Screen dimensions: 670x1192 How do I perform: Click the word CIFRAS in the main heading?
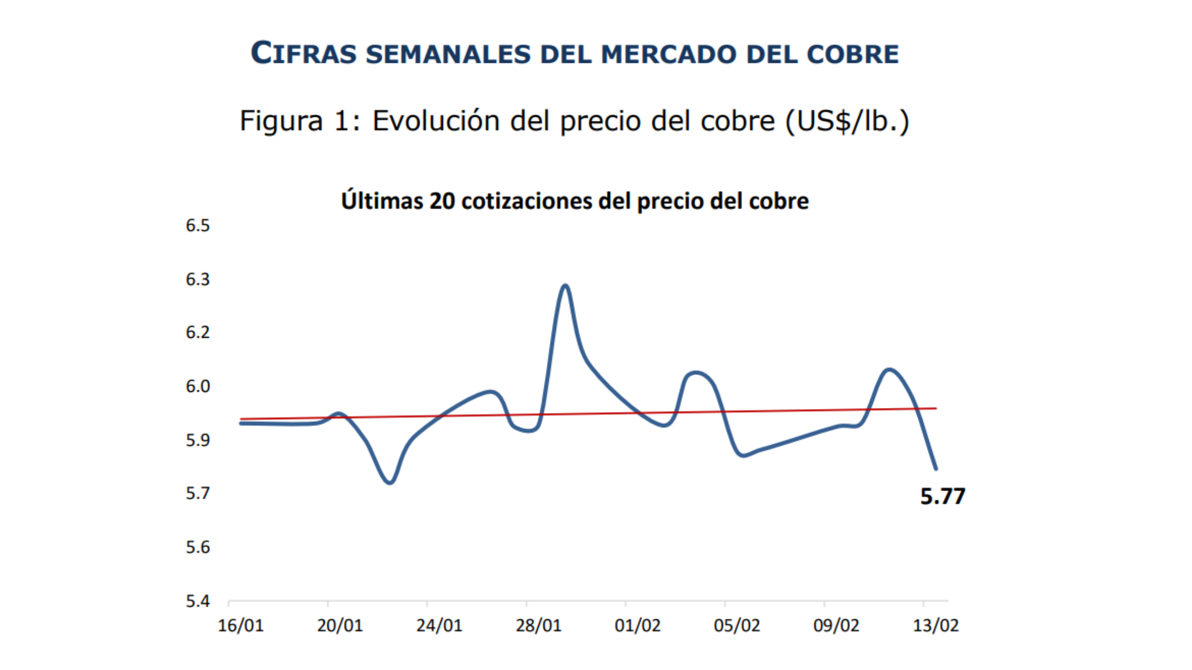pyautogui.click(x=304, y=54)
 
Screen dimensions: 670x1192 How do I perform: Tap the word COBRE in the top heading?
pyautogui.click(x=852, y=54)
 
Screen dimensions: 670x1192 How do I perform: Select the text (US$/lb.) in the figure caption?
pyautogui.click(x=847, y=121)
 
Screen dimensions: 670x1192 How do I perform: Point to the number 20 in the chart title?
pyautogui.click(x=442, y=201)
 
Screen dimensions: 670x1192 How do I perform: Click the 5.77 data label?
pyautogui.click(x=942, y=496)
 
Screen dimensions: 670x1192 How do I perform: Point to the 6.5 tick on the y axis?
pyautogui.click(x=198, y=226)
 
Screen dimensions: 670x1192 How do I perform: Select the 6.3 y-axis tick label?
pyautogui.click(x=198, y=280)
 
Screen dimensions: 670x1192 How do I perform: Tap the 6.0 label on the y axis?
pyautogui.click(x=198, y=387)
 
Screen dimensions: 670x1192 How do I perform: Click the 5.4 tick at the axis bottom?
pyautogui.click(x=198, y=602)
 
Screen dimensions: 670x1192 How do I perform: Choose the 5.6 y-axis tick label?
pyautogui.click(x=198, y=548)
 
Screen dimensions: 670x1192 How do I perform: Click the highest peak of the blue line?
pyautogui.click(x=565, y=285)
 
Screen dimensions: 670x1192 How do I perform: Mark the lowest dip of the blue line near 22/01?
pyautogui.click(x=390, y=482)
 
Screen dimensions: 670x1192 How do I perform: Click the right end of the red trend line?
pyautogui.click(x=936, y=409)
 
